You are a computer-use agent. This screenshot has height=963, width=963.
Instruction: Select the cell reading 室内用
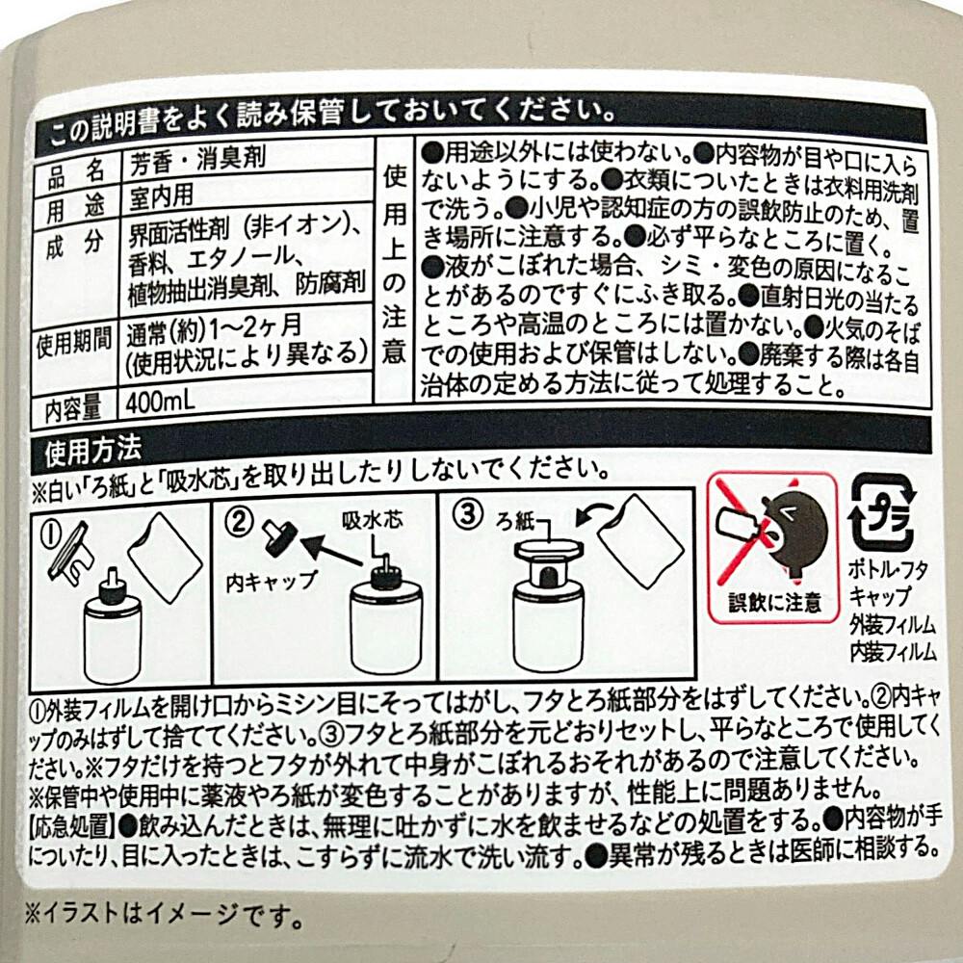[161, 195]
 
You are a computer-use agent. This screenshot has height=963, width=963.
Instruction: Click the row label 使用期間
[74, 342]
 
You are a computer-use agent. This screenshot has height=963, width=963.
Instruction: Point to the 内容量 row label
[72, 408]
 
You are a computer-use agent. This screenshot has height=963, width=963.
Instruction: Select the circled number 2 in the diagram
[238, 522]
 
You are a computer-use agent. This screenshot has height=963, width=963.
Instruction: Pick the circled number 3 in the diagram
[468, 514]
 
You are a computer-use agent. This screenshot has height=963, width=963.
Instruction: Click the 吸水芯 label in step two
[372, 521]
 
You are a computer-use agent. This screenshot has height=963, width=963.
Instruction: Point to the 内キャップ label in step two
[272, 582]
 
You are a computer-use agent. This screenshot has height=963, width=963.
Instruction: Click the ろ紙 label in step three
[516, 522]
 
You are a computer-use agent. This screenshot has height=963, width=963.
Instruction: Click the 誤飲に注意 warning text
[774, 602]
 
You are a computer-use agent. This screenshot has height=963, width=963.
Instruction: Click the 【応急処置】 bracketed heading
[70, 826]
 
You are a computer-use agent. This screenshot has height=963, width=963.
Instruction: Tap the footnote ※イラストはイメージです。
[164, 915]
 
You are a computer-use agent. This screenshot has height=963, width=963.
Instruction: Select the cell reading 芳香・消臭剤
[197, 159]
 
